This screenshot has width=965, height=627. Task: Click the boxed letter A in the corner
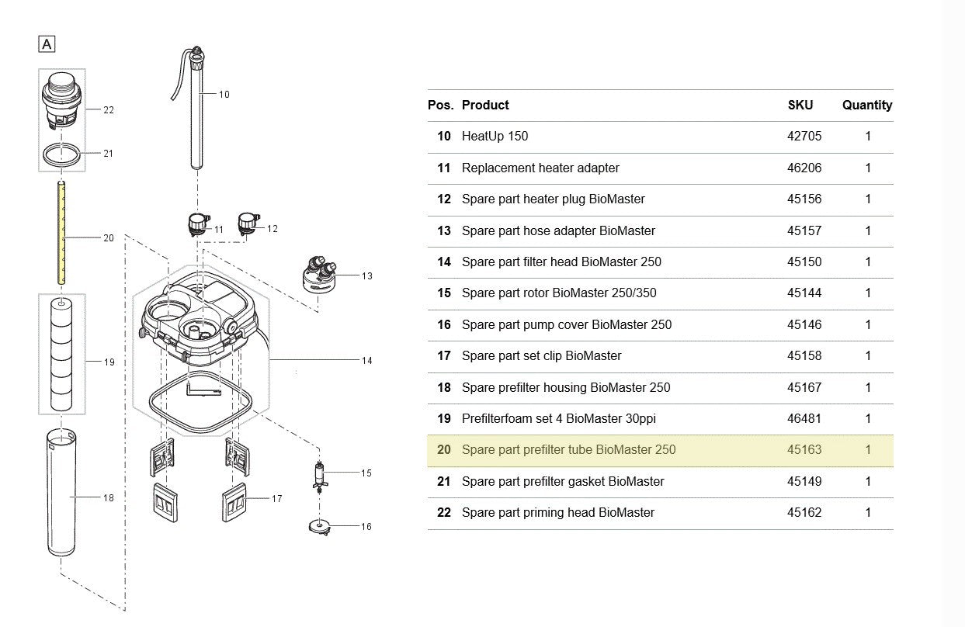click(x=47, y=44)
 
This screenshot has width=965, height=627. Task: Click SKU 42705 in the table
click(x=804, y=137)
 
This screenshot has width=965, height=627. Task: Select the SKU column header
click(x=800, y=105)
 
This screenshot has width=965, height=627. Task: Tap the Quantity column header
click(x=867, y=105)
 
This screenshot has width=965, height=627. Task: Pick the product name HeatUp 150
click(x=495, y=137)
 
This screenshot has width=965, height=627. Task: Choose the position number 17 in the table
click(x=444, y=356)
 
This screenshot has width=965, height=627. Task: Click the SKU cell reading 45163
click(x=804, y=450)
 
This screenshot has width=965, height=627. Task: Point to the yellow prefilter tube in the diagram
click(x=61, y=233)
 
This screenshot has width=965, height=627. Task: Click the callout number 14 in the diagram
click(x=366, y=360)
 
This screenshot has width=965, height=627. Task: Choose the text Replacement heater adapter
click(x=540, y=168)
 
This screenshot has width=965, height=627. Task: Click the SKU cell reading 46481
click(x=804, y=419)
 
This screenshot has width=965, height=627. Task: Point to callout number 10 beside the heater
click(x=224, y=95)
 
